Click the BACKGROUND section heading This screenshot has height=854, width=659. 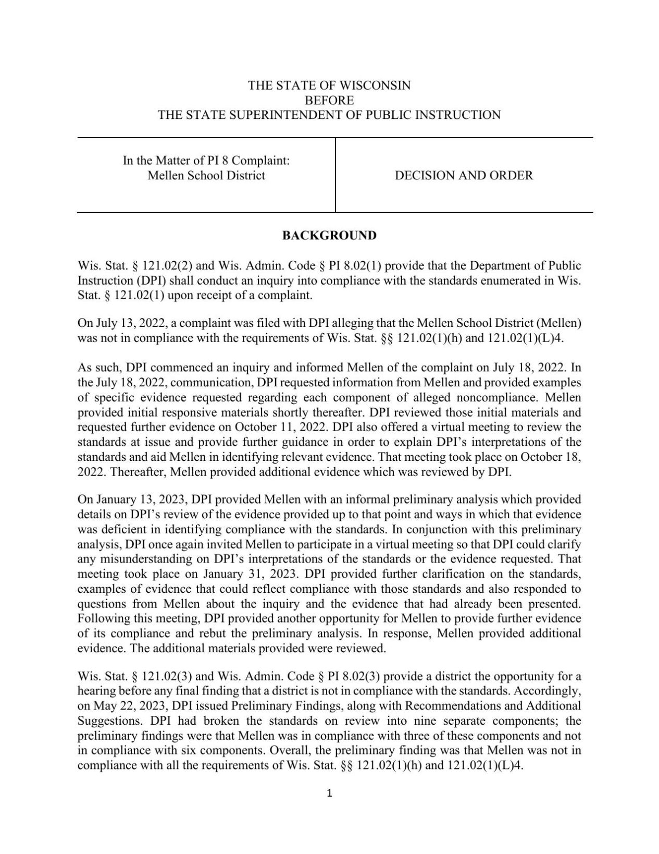click(329, 236)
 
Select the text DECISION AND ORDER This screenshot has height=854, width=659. click(464, 175)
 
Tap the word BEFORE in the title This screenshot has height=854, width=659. click(329, 100)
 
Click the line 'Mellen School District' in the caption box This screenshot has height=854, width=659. click(206, 175)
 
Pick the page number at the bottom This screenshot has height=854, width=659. click(329, 794)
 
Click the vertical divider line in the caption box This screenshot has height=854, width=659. click(335, 175)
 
